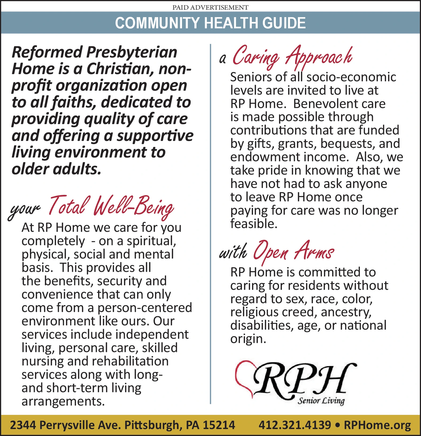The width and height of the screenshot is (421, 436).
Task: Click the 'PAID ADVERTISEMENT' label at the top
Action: pos(210,7)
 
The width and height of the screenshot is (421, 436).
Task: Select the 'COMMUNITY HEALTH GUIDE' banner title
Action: pos(210,23)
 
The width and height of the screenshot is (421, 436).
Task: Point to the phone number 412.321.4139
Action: pos(295,425)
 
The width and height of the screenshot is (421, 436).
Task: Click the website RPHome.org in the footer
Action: pos(377,425)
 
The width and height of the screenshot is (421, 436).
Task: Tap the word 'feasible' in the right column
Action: pos(253,224)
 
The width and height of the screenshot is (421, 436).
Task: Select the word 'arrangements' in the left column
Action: pos(63,401)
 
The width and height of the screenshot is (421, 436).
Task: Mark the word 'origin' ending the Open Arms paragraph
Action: pos(247,339)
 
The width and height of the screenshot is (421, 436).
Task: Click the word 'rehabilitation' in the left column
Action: pos(130,361)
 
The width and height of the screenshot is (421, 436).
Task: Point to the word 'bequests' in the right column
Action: pos(345,144)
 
